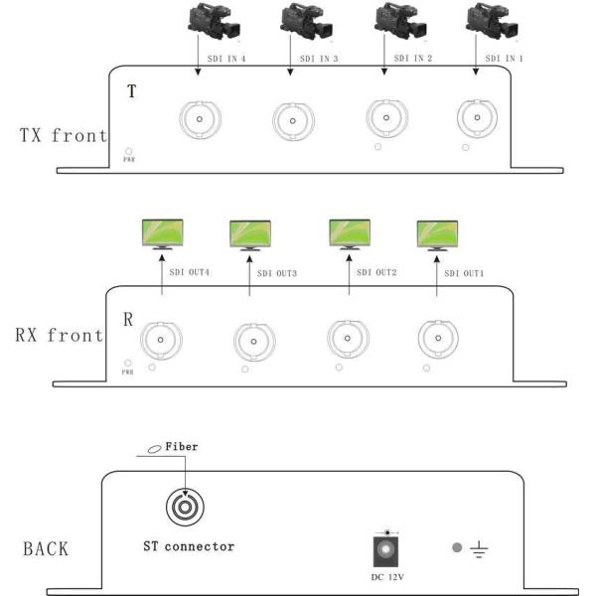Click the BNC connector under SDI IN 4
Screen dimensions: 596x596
pyautogui.click(x=200, y=120)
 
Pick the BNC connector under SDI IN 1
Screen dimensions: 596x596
pyautogui.click(x=477, y=120)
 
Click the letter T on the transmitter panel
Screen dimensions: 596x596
pyautogui.click(x=132, y=92)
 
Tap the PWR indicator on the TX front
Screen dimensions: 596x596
pyautogui.click(x=128, y=156)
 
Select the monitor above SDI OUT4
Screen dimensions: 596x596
pyautogui.click(x=160, y=234)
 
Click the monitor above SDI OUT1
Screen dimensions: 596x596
pyautogui.click(x=436, y=235)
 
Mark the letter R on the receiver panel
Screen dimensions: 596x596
pyautogui.click(x=128, y=321)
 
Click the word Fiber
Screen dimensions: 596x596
pyautogui.click(x=182, y=448)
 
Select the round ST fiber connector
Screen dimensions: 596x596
pyautogui.click(x=187, y=509)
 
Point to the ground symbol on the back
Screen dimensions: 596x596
pyautogui.click(x=479, y=548)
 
